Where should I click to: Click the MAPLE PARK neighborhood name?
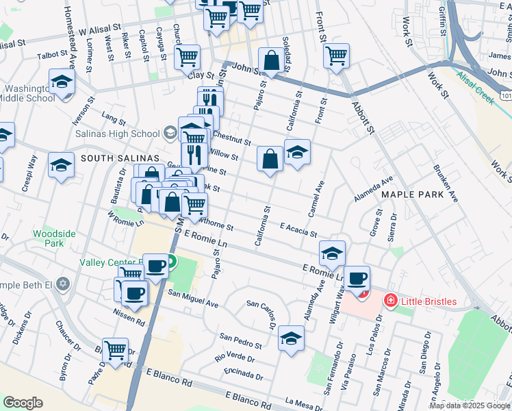point(409,195)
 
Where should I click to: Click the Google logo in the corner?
point(23,402)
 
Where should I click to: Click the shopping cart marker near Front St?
point(336,55)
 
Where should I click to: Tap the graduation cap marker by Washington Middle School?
point(62,83)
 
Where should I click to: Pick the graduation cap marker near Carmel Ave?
point(297,151)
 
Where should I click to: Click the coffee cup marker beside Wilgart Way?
point(357,277)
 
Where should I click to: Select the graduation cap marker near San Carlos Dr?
point(292,338)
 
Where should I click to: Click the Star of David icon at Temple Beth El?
point(63,283)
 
